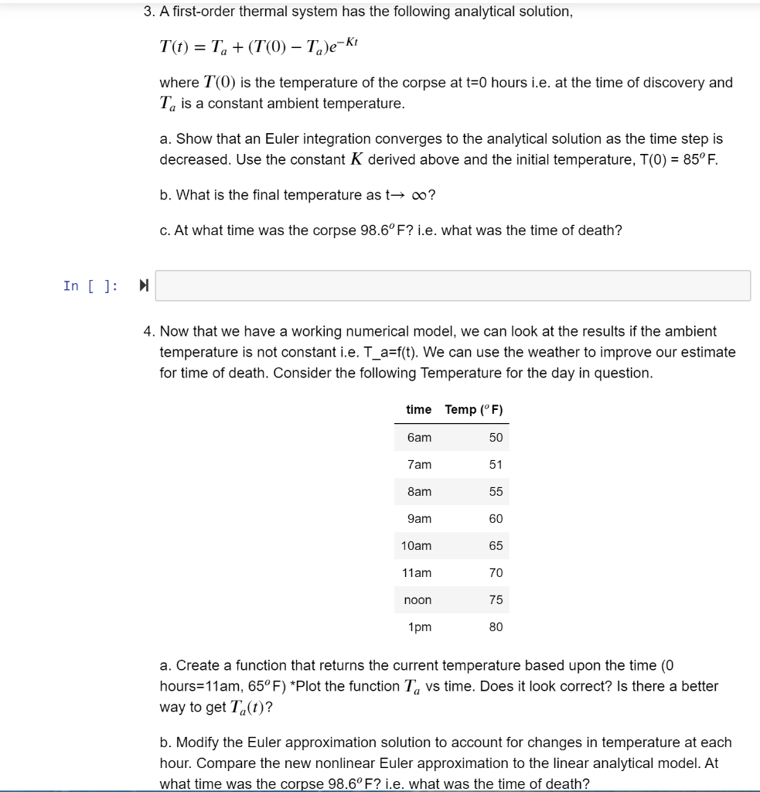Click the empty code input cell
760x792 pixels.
click(x=452, y=285)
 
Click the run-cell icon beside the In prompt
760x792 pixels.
click(x=144, y=286)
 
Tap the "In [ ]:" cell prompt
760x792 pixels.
click(x=90, y=286)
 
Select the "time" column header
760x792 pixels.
click(x=418, y=409)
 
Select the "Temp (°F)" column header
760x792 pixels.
click(x=474, y=409)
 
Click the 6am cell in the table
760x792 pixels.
click(x=419, y=438)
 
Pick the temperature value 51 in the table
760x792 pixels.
click(x=496, y=465)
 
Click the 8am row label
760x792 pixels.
click(x=419, y=492)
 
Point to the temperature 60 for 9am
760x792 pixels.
click(x=496, y=519)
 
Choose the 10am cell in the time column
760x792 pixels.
click(x=417, y=546)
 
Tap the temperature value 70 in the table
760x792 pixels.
click(x=496, y=573)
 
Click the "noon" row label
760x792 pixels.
click(x=418, y=600)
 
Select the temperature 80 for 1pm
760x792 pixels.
click(x=496, y=627)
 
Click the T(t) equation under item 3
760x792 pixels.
click(x=254, y=44)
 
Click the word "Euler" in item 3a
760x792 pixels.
click(x=283, y=139)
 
